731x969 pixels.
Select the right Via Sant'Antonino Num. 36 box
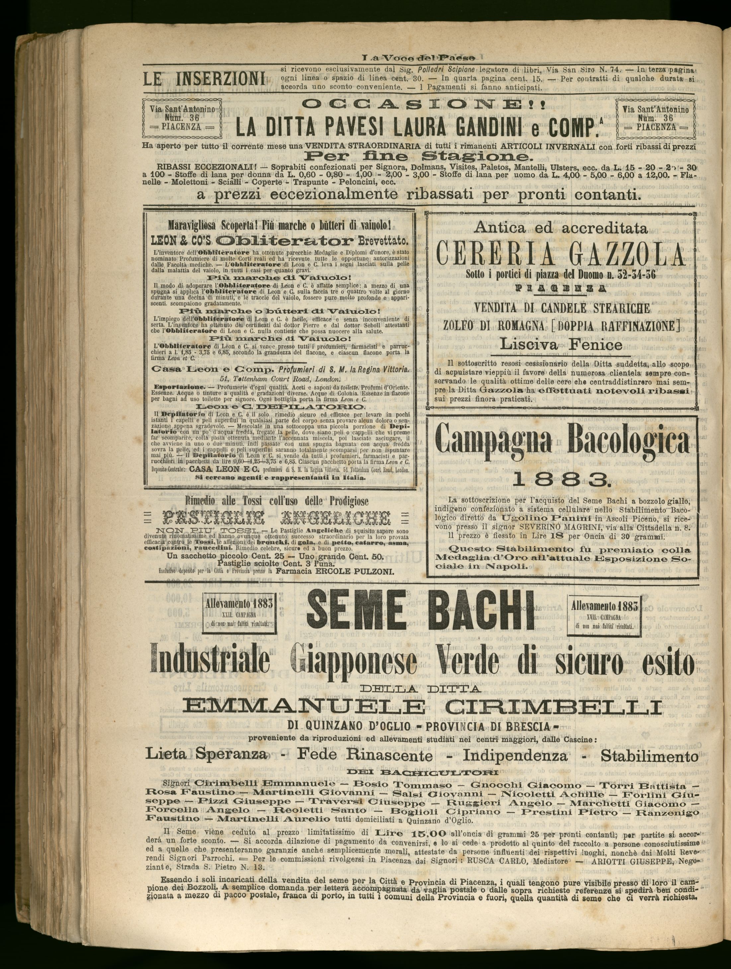[x=656, y=118]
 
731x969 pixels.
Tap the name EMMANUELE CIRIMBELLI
[x=417, y=707]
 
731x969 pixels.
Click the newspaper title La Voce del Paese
[x=419, y=57]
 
